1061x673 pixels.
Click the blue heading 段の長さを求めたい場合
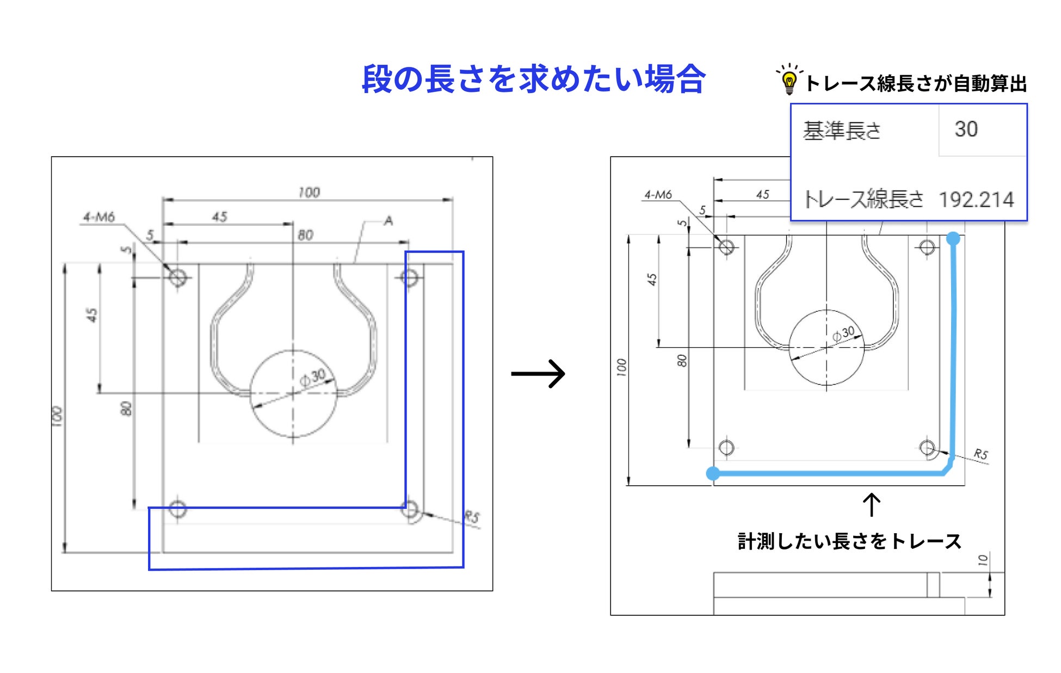[x=533, y=79]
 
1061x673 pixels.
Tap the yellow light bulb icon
[x=789, y=82]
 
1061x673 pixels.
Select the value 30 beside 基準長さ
[x=966, y=129]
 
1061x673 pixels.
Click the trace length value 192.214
[x=976, y=200]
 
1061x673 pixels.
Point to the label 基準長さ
[x=842, y=131]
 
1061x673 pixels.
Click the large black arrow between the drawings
[x=538, y=373]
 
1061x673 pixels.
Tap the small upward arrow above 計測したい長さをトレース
[x=872, y=504]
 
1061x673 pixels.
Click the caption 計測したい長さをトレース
[x=849, y=541]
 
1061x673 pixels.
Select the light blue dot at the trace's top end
[x=953, y=238]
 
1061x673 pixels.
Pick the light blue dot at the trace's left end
[x=713, y=473]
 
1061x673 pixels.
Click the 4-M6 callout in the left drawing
[x=98, y=217]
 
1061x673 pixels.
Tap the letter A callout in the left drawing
[x=388, y=220]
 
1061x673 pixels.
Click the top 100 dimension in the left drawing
[x=309, y=192]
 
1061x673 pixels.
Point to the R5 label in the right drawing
[x=980, y=454]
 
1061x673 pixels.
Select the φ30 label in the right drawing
[x=843, y=333]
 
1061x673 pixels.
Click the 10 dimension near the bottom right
[x=983, y=560]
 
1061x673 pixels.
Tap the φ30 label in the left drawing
[x=313, y=376]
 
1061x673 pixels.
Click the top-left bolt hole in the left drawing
[x=177, y=278]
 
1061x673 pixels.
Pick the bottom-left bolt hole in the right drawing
[x=726, y=448]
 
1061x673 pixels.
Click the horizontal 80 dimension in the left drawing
[x=305, y=235]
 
